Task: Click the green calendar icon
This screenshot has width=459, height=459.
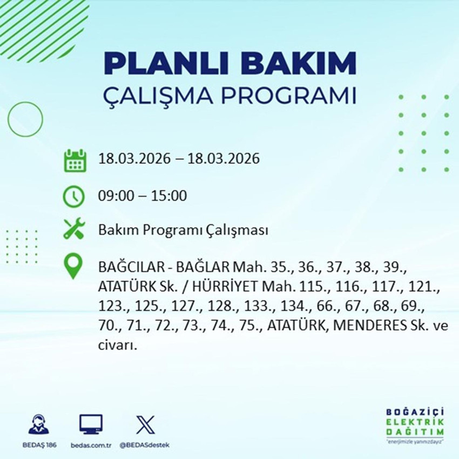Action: click(x=75, y=160)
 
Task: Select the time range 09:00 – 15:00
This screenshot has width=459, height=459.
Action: click(x=143, y=195)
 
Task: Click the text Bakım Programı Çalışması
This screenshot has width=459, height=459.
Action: click(x=183, y=231)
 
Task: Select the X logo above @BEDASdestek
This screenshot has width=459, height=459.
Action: click(x=144, y=424)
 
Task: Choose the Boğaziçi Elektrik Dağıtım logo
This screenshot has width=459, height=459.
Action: click(x=415, y=426)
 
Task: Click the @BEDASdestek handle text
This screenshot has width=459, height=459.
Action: click(x=144, y=444)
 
